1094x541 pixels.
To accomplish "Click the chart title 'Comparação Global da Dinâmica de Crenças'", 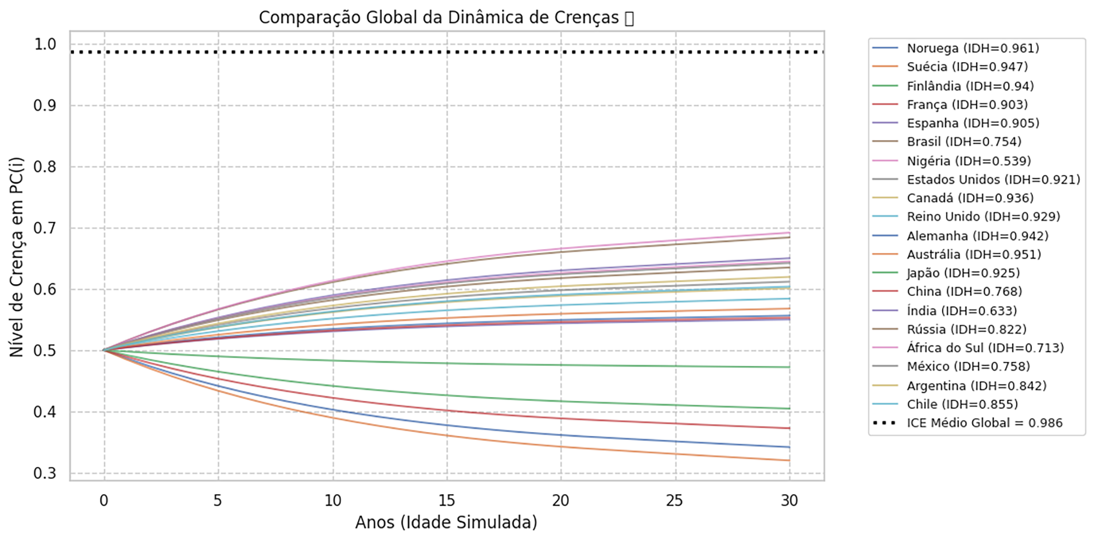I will (x=446, y=18).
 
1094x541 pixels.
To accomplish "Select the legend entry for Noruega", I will (x=972, y=48).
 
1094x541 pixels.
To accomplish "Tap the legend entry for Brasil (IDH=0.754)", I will (x=964, y=142).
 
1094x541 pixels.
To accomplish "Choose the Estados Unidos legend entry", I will (x=993, y=180).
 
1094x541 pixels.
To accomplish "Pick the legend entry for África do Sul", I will (x=985, y=348).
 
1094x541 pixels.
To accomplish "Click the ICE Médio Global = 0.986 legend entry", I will (x=984, y=423).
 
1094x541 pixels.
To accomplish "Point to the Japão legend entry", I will (x=963, y=273).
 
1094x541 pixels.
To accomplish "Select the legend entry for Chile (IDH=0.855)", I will (x=962, y=404).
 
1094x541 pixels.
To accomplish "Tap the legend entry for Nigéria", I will (x=968, y=161).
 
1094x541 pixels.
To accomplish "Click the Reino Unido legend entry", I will (x=983, y=216).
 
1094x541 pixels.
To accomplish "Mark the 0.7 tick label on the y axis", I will (x=45, y=228).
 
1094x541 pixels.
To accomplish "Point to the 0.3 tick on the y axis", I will (x=45, y=473).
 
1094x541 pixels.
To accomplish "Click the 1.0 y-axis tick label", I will (x=45, y=44).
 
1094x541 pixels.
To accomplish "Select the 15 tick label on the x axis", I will (x=447, y=500).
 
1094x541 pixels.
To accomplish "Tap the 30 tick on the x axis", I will (x=789, y=500).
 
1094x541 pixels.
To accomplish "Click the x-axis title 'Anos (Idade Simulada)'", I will (x=446, y=523).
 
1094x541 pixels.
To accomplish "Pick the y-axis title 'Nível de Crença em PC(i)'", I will (x=17, y=256).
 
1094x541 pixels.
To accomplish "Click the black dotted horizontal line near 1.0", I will (x=438, y=52).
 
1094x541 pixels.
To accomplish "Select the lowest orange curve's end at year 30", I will (x=789, y=460).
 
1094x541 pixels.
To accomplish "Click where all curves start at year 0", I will (x=104, y=350).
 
